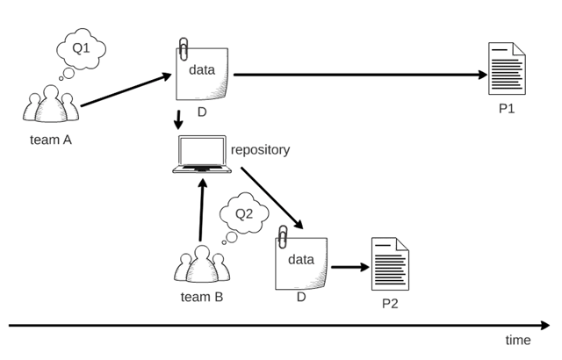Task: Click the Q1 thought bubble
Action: point(80,49)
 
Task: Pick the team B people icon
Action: point(201,265)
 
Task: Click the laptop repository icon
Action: point(201,155)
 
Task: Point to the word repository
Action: point(260,150)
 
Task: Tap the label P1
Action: point(506,110)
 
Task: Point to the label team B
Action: point(201,297)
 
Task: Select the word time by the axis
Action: point(518,341)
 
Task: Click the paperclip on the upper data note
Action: point(184,47)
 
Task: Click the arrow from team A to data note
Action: point(126,90)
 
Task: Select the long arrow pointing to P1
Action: point(360,75)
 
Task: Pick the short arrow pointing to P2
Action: point(349,266)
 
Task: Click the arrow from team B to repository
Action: point(202,211)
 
